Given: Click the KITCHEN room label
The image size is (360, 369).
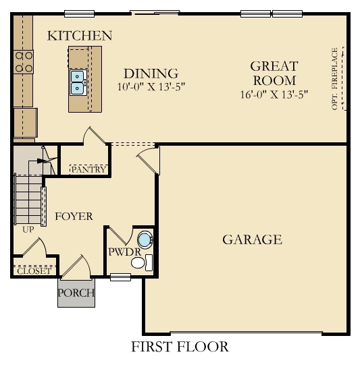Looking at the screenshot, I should click(80, 36).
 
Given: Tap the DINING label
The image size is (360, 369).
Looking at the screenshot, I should click(151, 74).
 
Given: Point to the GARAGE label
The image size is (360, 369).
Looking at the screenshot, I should click(252, 239).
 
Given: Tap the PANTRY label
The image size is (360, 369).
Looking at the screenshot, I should click(88, 169).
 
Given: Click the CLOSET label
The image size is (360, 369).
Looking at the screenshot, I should click(33, 271).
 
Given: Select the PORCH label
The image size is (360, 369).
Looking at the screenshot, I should click(76, 293).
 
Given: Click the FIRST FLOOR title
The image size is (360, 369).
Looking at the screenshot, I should click(179, 347).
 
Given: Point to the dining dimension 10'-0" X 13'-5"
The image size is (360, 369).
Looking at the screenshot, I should click(151, 86).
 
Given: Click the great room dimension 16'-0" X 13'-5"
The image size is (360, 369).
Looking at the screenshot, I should click(274, 94).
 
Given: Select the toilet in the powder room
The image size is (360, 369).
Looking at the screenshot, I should click(145, 239).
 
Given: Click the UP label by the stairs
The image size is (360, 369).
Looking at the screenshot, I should click(28, 229).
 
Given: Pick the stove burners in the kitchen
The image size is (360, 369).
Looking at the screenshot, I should click(24, 62).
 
